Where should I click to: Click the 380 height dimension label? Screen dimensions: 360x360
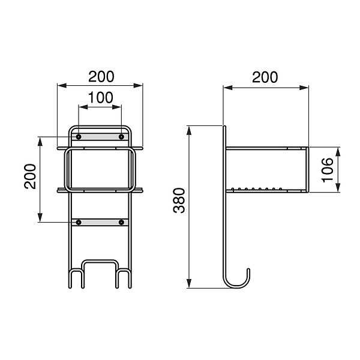pos(179,200)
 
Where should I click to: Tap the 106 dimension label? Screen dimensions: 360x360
pos(328,170)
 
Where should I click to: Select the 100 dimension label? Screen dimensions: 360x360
pos(101,97)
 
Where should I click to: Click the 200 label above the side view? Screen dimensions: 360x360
pos(265,77)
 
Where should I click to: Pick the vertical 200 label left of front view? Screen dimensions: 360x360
pos(30,176)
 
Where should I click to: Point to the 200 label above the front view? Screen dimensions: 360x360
pos(101,77)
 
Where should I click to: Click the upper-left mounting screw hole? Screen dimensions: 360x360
pos(79,137)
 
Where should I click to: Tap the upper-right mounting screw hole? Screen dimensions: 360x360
pos(121,137)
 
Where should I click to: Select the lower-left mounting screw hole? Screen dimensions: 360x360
pos(79,222)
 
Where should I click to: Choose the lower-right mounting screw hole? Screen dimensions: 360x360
pos(121,222)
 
